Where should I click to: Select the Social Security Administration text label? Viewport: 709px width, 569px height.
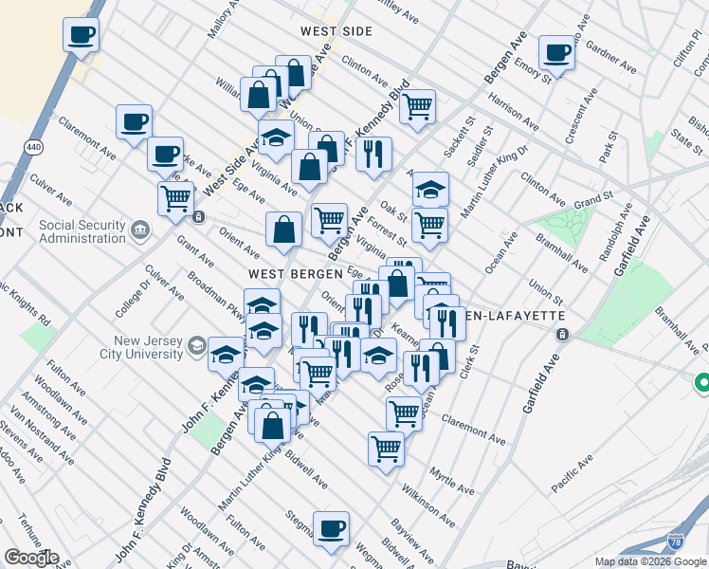(82, 231)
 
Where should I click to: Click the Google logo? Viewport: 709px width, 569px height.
(31, 558)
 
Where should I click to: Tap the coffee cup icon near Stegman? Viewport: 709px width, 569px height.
(331, 529)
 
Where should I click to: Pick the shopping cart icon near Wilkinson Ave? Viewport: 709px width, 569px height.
(386, 448)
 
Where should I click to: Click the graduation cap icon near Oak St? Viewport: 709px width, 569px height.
(430, 189)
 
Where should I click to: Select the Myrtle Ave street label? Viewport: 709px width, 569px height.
(451, 480)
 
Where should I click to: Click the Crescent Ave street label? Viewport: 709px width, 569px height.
(578, 117)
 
